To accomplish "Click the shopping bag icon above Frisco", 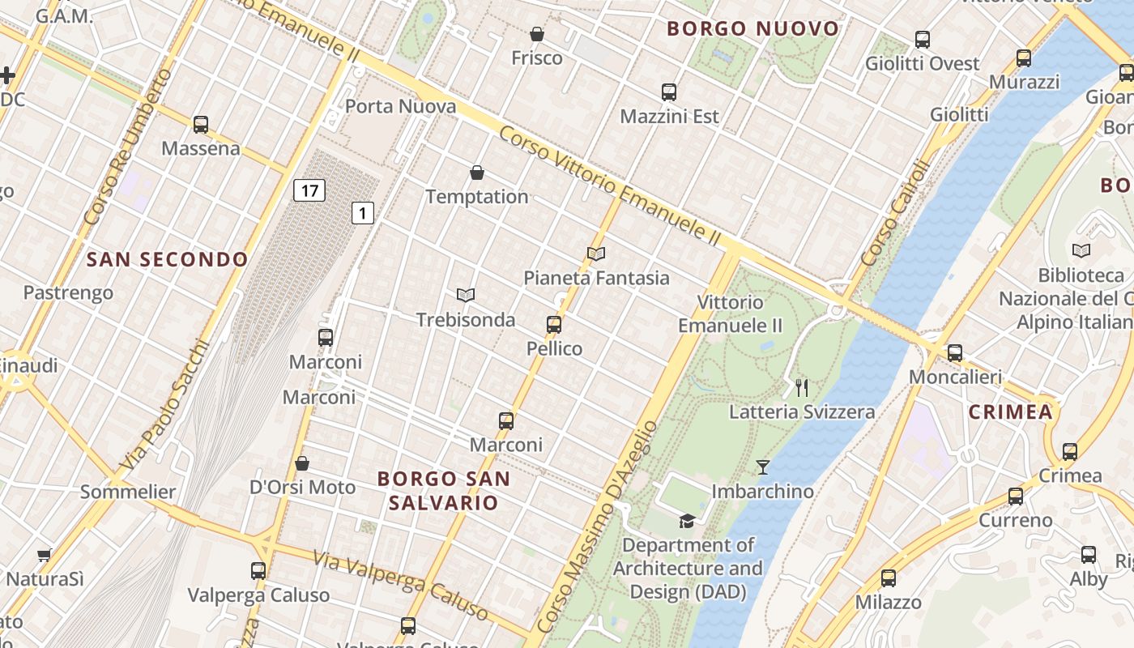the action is (x=536, y=34).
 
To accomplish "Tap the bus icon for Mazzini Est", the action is (x=669, y=92).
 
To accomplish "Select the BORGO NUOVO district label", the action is (x=752, y=29).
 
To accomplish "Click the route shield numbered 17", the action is (x=309, y=191).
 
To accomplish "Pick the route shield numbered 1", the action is (x=363, y=213).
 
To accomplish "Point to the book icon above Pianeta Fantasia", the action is (x=596, y=254).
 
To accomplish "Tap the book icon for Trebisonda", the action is (x=466, y=296).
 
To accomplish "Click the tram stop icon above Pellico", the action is (x=554, y=325).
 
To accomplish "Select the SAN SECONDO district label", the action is (x=167, y=259).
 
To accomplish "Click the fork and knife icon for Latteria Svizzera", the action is (x=802, y=387).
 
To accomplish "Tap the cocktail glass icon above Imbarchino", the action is (x=762, y=467).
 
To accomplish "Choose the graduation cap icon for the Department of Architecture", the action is (x=687, y=521).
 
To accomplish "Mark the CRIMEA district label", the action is (x=1010, y=411).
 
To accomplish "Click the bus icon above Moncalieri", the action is (x=955, y=353).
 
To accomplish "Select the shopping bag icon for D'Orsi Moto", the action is (x=302, y=463).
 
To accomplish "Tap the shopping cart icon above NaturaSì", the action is (x=44, y=556).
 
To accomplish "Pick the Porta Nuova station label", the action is (x=400, y=106).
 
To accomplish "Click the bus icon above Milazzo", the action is (x=889, y=578).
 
